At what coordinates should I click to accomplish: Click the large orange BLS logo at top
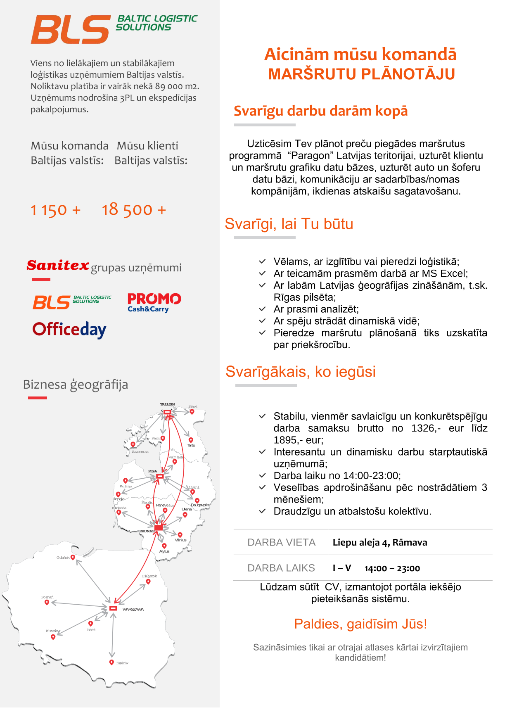coord(71,29)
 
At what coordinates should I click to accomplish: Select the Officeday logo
coord(69,330)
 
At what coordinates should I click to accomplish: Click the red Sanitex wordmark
coord(58,265)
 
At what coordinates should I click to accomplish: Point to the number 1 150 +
coord(55,210)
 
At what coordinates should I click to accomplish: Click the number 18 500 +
coord(134,210)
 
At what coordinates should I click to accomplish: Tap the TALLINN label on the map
coord(167,404)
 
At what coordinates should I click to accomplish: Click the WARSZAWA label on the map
coord(133,610)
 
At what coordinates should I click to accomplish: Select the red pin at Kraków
coord(111,662)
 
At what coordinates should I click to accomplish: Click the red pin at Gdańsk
coord(73,558)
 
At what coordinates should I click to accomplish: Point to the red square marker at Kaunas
coord(159,528)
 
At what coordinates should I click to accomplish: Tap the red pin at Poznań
coord(47,602)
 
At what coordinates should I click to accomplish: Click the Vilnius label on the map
coord(180,540)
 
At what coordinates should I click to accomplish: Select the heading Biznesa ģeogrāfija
coord(76,385)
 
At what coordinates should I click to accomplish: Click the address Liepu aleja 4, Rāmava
coord(380,542)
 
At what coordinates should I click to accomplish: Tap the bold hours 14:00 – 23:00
coord(392,568)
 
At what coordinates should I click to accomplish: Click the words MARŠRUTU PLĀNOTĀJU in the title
coord(361,74)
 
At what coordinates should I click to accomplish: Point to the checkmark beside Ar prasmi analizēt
coord(262,309)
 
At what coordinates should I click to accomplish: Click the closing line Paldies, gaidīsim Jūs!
coord(360,624)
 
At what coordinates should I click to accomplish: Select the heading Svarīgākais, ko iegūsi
coord(301,372)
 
